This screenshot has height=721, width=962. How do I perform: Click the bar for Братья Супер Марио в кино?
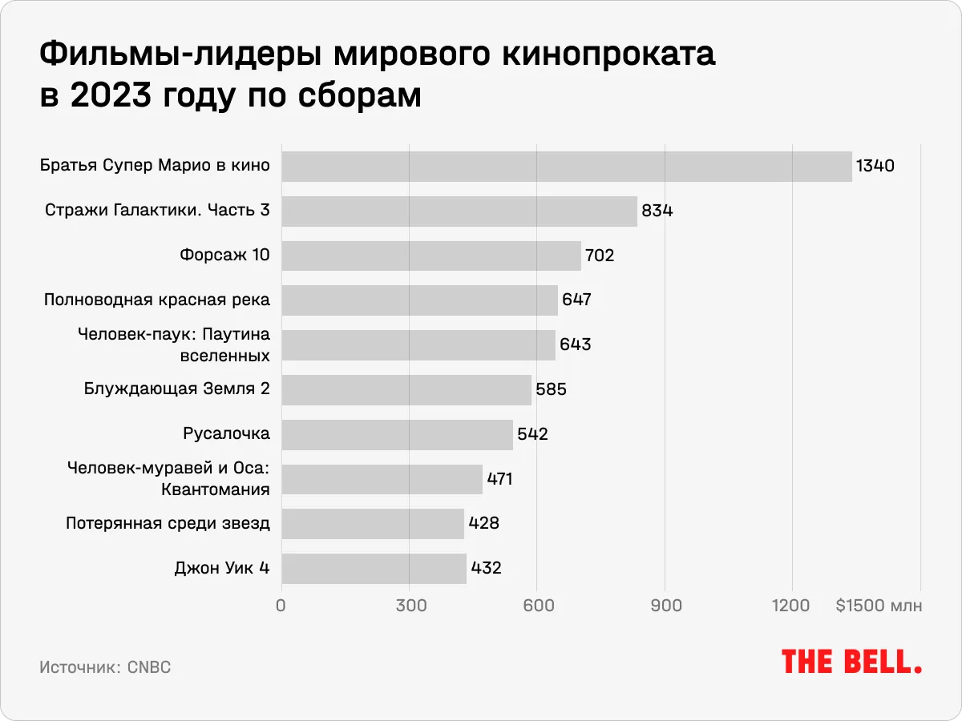tap(566, 167)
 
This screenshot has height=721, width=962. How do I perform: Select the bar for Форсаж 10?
tap(431, 256)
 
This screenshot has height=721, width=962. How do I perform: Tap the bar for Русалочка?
tap(397, 434)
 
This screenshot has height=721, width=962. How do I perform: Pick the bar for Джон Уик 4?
tap(374, 569)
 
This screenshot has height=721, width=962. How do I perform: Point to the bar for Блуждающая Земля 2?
tap(406, 390)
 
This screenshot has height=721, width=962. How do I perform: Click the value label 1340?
tap(875, 167)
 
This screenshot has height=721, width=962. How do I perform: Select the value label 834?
tap(657, 211)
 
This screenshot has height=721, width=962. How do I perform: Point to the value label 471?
tap(499, 479)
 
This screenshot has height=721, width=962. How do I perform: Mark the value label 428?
tap(483, 524)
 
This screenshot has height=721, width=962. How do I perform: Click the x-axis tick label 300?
tap(410, 606)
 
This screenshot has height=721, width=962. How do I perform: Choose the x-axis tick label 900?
tap(665, 606)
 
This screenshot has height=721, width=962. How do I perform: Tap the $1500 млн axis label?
tap(879, 606)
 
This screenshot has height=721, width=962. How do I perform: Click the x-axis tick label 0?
tap(281, 606)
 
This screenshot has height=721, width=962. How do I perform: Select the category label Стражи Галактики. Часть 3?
tap(157, 211)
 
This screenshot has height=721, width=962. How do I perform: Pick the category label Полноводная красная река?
tap(156, 300)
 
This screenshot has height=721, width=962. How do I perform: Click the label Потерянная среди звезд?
tap(168, 524)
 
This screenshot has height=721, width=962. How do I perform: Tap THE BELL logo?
tap(851, 662)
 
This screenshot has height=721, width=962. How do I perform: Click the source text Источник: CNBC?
tap(105, 667)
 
